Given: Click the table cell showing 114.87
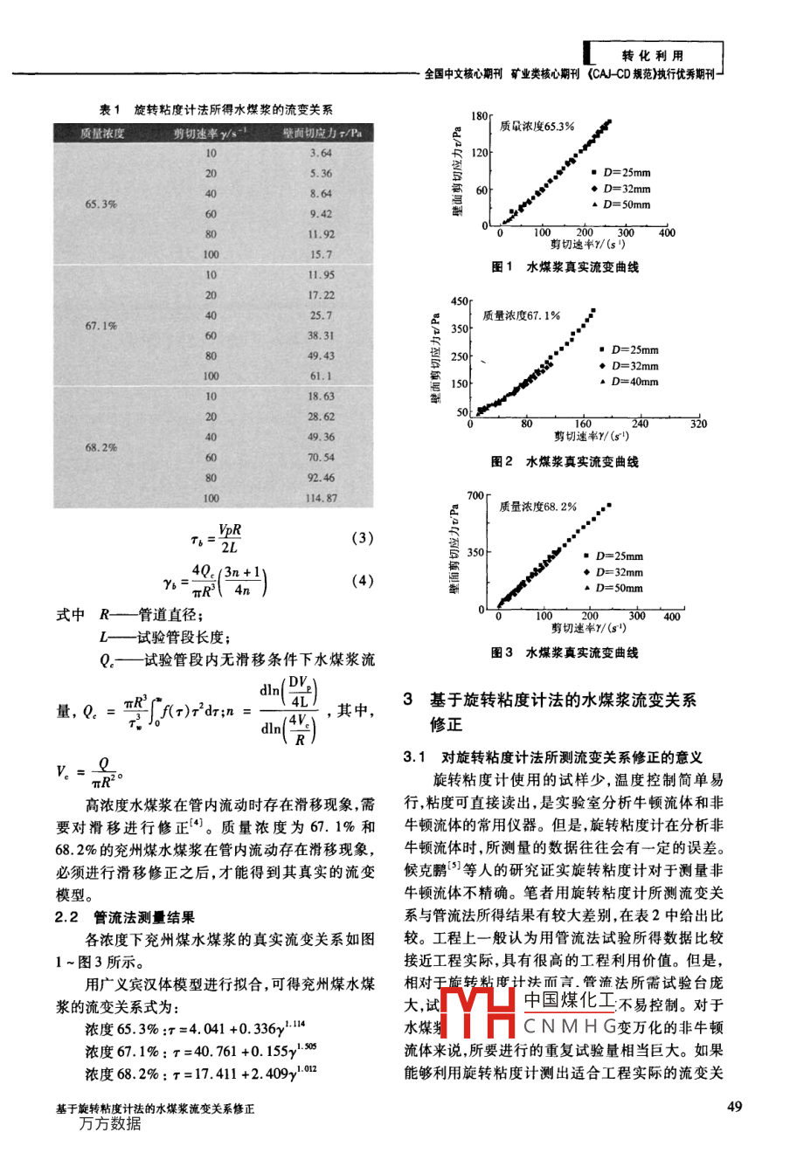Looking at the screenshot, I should pos(321,498).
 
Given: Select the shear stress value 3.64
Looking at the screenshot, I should pos(321,153).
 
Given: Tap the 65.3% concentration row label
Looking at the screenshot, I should pos(101,204).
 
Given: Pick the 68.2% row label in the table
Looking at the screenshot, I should pos(101,447).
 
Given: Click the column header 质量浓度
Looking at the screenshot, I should pos(102,133).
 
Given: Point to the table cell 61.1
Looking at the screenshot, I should pos(321,376).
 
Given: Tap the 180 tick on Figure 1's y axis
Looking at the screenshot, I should pos(480,116).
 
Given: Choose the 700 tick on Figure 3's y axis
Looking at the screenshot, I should pos(475,496).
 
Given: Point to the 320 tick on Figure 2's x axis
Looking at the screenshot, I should pos(697,424).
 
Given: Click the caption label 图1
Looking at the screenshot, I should pos(502,267).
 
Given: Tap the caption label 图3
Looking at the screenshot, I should pos(502,652).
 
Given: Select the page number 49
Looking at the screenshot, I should pos(734,1107).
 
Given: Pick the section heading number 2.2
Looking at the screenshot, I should pos(67,917).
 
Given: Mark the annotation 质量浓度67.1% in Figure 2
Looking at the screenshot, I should pos(522,315).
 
